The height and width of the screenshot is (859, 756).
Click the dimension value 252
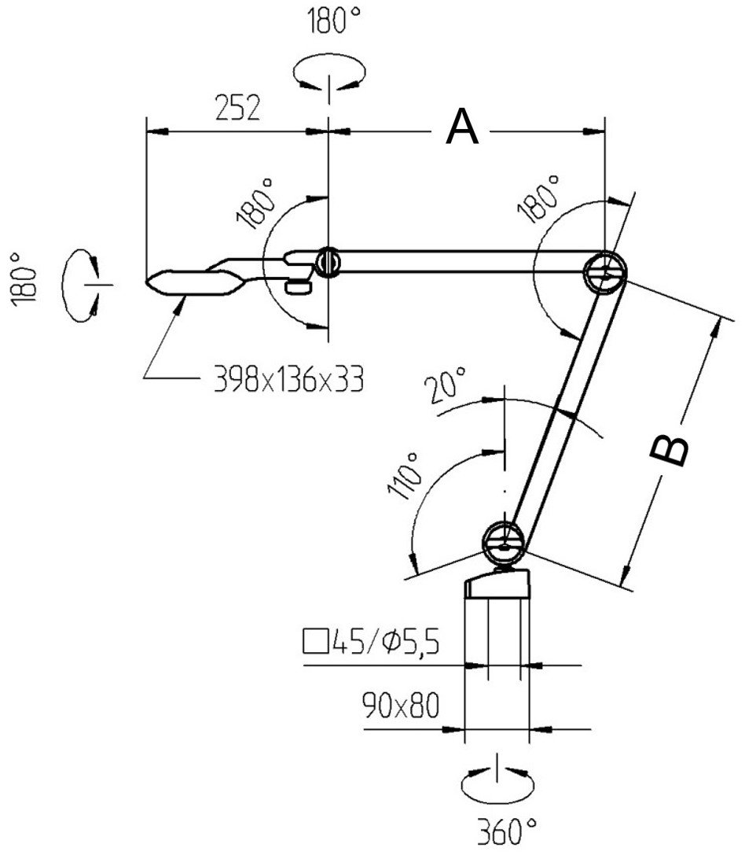coord(237,109)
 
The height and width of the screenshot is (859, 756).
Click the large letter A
coord(462,127)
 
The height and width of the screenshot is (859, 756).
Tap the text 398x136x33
coord(288,381)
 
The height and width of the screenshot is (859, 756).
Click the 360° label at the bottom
coord(507,829)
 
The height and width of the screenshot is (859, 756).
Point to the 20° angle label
coord(445,387)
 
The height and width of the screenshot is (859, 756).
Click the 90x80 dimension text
coord(401,703)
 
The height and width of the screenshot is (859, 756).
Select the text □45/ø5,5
coord(369,643)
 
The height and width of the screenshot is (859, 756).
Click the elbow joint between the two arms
coord(606,272)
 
